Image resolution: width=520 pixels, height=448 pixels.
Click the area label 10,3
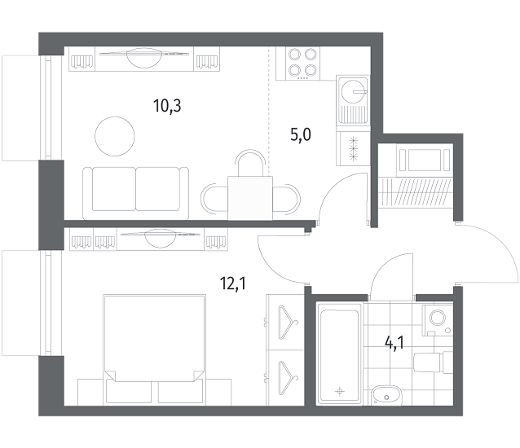(x=167, y=107)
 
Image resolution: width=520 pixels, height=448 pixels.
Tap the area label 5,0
(x=301, y=135)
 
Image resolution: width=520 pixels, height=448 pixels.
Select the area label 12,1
(x=233, y=283)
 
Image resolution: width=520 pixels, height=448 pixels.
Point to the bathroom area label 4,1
(x=394, y=343)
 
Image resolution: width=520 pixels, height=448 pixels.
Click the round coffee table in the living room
(x=115, y=136)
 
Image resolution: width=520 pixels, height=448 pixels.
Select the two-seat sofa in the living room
(x=135, y=194)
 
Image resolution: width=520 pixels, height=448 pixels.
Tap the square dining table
(x=250, y=198)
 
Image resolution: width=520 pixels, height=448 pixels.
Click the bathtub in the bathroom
(x=339, y=353)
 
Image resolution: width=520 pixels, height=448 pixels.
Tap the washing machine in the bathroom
(x=438, y=320)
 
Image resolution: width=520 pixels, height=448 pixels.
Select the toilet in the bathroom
(x=433, y=362)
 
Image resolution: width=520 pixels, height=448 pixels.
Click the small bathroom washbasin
(x=386, y=395)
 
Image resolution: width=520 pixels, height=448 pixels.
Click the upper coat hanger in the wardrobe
(x=288, y=323)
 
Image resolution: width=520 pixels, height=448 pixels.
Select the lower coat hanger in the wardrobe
(x=288, y=378)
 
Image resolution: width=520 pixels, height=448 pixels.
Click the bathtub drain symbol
(x=339, y=392)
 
